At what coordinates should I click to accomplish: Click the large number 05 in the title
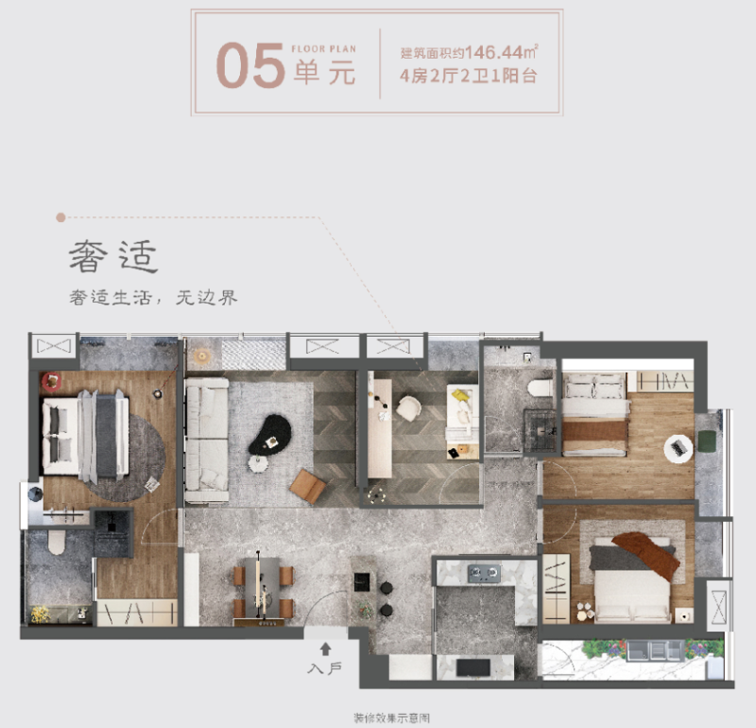click(x=250, y=65)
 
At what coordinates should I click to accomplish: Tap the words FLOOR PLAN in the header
click(x=323, y=49)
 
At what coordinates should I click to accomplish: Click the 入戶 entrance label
click(x=324, y=668)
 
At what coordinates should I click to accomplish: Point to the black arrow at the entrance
click(x=325, y=649)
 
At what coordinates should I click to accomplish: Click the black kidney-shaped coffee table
click(x=270, y=435)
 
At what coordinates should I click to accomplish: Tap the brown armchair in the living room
click(x=308, y=486)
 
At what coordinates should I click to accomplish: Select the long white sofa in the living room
click(x=207, y=440)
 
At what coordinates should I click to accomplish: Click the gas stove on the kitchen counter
click(x=484, y=573)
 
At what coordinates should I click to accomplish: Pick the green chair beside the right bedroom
click(x=707, y=442)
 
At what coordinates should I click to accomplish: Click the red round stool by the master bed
click(x=52, y=382)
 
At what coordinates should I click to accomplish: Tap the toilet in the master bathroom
click(x=57, y=543)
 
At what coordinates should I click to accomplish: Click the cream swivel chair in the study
click(x=408, y=408)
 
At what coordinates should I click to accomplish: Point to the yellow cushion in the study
click(x=460, y=395)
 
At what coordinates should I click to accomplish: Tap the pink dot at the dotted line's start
click(x=60, y=217)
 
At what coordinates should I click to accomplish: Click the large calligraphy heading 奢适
click(x=113, y=256)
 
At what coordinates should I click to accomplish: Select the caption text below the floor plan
click(x=391, y=719)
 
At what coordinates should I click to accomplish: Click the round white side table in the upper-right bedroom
click(x=679, y=449)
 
